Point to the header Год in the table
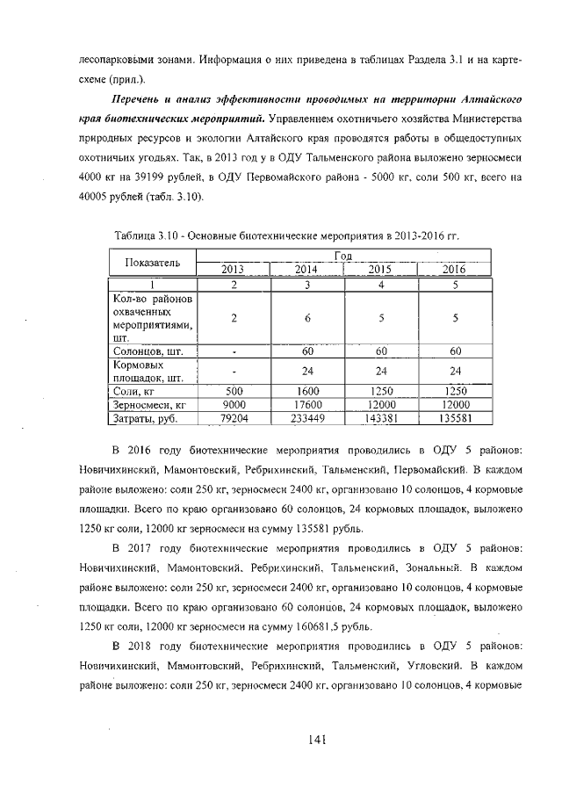point(344,255)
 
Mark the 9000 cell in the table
point(234,405)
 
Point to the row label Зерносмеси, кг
point(149,405)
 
